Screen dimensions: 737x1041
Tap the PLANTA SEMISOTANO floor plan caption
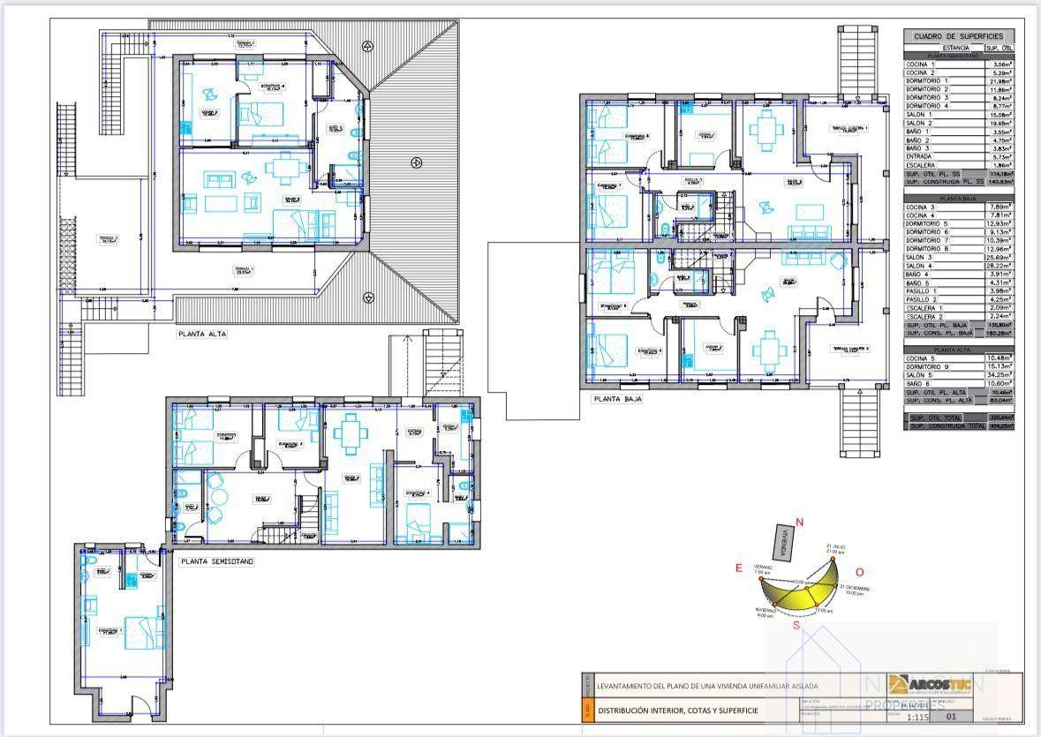216,560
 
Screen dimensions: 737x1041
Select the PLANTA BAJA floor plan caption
617,399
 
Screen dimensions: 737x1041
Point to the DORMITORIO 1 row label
927,81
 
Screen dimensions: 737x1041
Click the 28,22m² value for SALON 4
1000,266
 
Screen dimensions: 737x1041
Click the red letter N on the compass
800,523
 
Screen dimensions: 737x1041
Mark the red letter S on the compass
796,626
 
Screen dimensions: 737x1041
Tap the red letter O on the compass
859,572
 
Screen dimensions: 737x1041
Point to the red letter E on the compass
738,568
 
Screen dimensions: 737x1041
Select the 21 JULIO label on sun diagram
837,547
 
